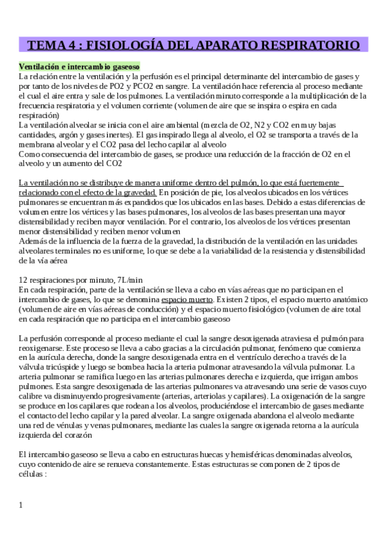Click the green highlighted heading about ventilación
click(x=79, y=66)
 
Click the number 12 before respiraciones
click(x=24, y=280)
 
